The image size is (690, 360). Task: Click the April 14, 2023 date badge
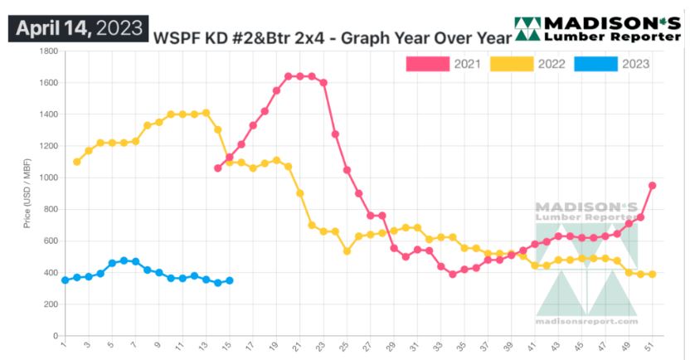pyautogui.click(x=79, y=27)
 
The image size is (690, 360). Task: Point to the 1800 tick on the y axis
pyautogui.click(x=46, y=51)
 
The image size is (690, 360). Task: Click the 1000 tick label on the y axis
pyautogui.click(x=46, y=178)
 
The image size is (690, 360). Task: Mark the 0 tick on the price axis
pyautogui.click(x=53, y=336)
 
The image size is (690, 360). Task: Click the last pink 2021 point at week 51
pyautogui.click(x=653, y=186)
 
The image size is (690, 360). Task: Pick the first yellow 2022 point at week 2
pyautogui.click(x=77, y=162)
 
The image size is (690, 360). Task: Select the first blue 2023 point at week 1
pyautogui.click(x=65, y=280)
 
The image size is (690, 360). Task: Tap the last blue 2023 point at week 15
pyautogui.click(x=230, y=280)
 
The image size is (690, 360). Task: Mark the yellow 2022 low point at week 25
pyautogui.click(x=347, y=251)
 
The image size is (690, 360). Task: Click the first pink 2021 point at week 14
pyautogui.click(x=218, y=168)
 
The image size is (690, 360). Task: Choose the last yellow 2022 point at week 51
pyautogui.click(x=653, y=274)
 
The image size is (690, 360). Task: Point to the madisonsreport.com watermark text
pyautogui.click(x=586, y=321)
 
